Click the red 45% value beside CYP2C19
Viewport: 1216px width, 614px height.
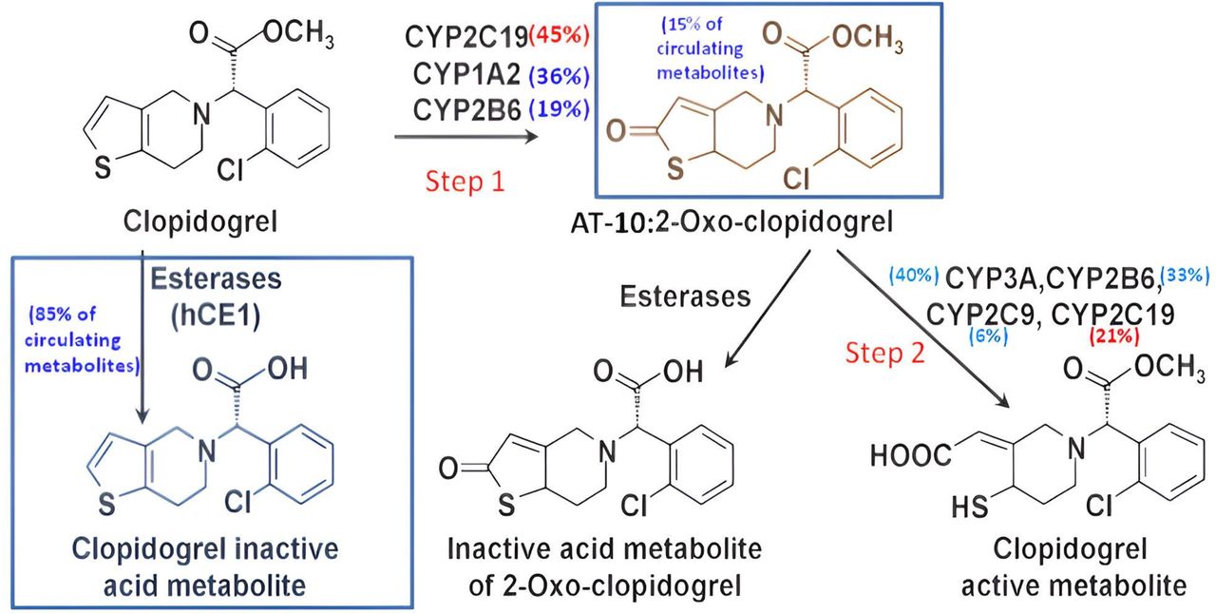tap(561, 37)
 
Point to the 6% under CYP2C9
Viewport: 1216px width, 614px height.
tap(988, 336)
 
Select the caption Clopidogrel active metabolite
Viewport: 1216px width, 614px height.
tap(1073, 567)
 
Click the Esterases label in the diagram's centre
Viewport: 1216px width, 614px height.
tap(685, 297)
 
